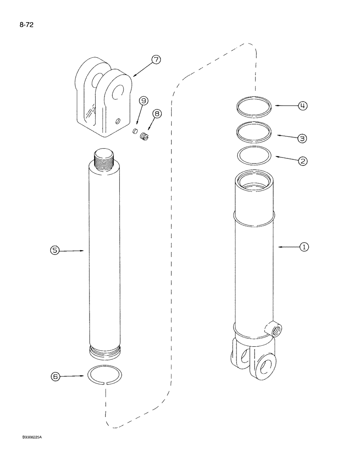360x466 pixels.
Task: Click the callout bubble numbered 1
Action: (304, 247)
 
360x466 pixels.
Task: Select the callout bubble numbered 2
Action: (303, 161)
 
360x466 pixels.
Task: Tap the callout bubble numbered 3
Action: (303, 138)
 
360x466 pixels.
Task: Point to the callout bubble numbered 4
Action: (303, 106)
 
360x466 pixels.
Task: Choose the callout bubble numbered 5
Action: (55, 251)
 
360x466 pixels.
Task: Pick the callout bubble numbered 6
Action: (55, 375)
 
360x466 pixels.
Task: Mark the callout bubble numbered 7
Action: (155, 60)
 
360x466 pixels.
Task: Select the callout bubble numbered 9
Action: (143, 101)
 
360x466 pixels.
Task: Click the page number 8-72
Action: (27, 22)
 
